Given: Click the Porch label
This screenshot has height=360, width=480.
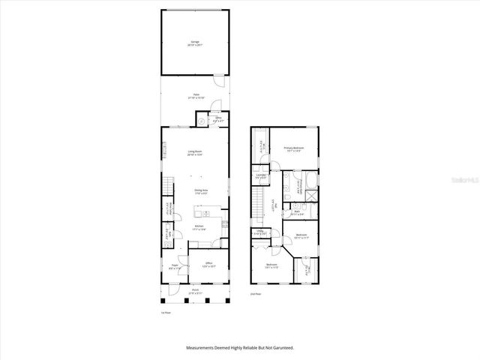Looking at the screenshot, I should [194, 291].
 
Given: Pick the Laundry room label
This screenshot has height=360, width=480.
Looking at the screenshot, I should [261, 177].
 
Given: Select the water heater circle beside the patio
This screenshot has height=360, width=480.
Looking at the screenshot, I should [202, 120].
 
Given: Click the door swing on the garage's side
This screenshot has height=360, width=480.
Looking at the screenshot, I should [218, 79].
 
